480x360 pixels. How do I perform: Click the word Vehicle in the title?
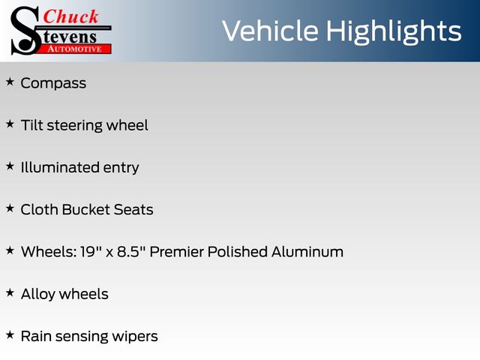click(270, 31)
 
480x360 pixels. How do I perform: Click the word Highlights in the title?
click(394, 32)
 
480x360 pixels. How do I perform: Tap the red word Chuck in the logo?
click(70, 16)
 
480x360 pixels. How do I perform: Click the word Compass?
click(53, 83)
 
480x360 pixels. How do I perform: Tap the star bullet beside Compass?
click(10, 82)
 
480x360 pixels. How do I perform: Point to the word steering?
click(74, 126)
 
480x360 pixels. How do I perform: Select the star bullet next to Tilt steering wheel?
click(10, 124)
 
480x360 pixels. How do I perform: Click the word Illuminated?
click(60, 167)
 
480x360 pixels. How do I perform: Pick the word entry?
click(121, 168)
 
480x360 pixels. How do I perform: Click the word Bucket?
click(86, 210)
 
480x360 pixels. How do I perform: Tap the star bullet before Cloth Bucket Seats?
click(10, 208)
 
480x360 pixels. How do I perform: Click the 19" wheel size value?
click(88, 252)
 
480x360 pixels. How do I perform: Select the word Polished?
click(238, 252)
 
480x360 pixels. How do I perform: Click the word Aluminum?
click(307, 252)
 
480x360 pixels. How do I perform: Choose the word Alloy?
click(38, 295)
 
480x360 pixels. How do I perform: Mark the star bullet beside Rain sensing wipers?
click(10, 335)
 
